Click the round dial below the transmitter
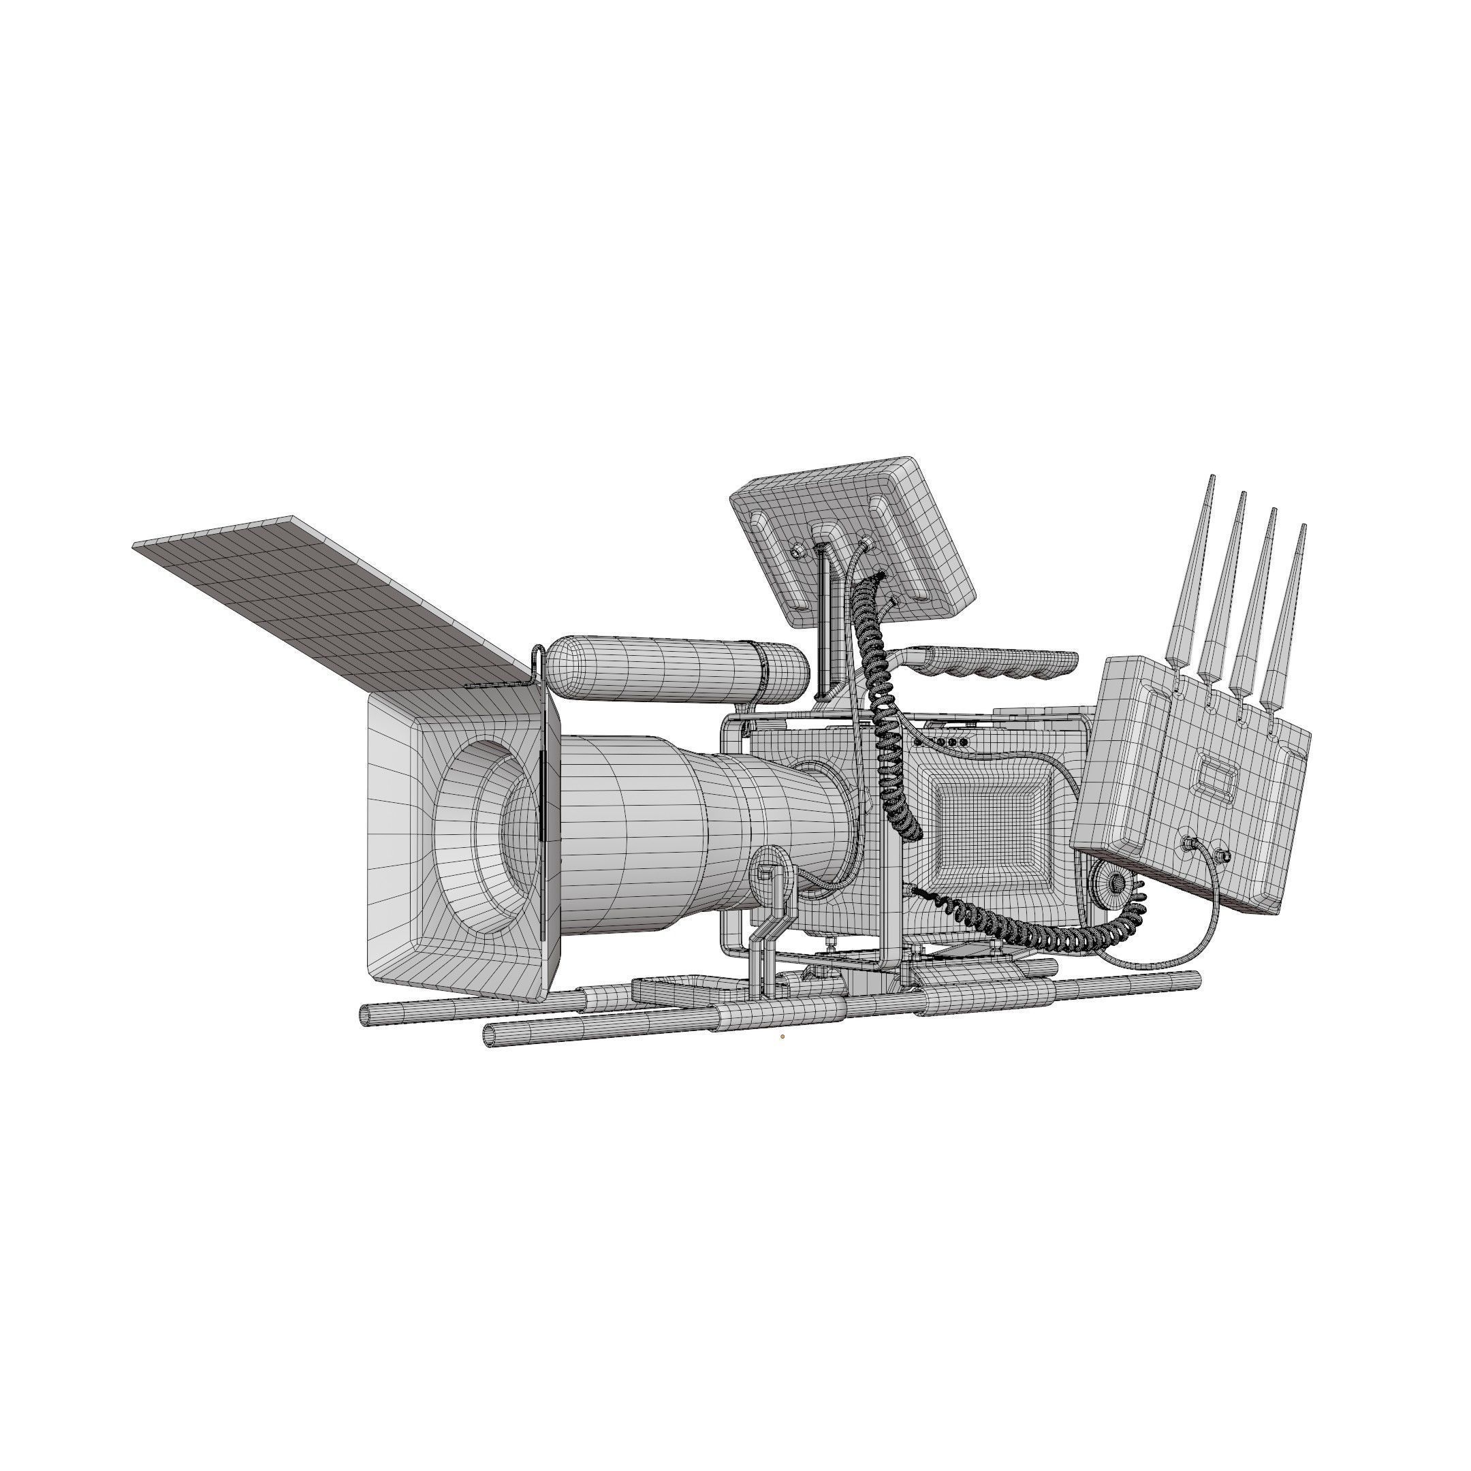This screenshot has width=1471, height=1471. (1116, 883)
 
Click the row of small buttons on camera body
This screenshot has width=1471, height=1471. (948, 742)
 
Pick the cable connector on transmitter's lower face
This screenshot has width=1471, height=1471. (1187, 843)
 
